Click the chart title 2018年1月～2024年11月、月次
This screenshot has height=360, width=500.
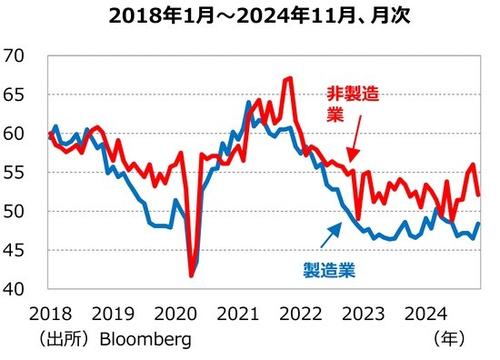pyautogui.click(x=250, y=17)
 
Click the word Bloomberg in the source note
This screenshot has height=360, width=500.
pyautogui.click(x=145, y=339)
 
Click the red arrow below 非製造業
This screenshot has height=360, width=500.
pyautogui.click(x=352, y=146)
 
